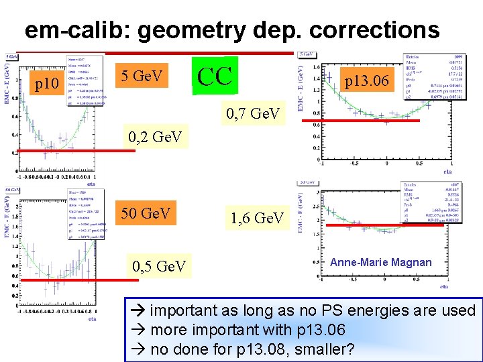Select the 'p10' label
pyautogui.click(x=48, y=84)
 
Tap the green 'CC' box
pyautogui.click(x=215, y=76)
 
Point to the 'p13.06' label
pyautogui.click(x=366, y=81)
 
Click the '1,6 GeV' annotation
pyautogui.click(x=258, y=218)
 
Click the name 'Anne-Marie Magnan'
pyautogui.click(x=381, y=262)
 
